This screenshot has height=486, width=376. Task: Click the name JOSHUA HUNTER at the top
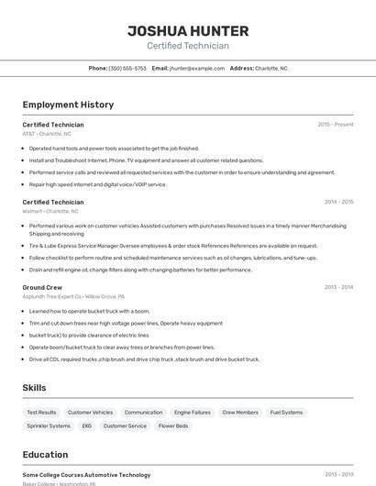[188, 30]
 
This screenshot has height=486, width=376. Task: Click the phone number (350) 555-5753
[127, 68]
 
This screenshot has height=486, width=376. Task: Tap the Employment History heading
[68, 105]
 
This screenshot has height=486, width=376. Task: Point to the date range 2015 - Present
[335, 125]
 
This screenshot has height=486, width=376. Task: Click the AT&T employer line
[51, 134]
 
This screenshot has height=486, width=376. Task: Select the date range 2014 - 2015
[338, 202]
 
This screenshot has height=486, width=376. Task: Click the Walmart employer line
[51, 211]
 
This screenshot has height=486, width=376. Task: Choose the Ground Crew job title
[42, 287]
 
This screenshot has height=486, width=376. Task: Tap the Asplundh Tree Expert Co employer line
[73, 297]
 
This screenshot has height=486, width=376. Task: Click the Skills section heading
[35, 388]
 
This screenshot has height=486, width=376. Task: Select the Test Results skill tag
[41, 413]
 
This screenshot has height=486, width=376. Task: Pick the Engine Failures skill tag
[192, 413]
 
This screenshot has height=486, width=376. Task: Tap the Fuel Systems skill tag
[286, 413]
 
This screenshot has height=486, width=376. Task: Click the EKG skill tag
[87, 425]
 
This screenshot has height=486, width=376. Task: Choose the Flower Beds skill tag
[173, 425]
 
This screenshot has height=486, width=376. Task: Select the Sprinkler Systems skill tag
[49, 425]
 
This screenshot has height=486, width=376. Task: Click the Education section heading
[45, 455]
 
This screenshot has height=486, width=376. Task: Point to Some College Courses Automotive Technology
[86, 475]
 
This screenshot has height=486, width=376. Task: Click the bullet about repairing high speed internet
[98, 184]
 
